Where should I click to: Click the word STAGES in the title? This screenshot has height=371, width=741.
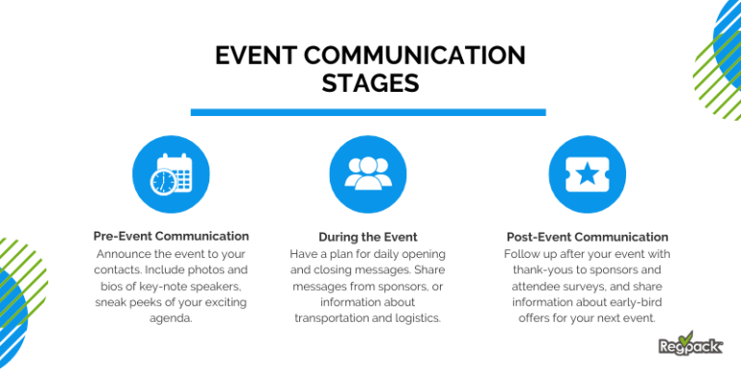370,83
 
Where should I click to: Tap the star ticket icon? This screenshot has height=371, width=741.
586,175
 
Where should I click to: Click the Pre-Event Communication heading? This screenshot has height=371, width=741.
171,236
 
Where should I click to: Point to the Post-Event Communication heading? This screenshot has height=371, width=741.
587,237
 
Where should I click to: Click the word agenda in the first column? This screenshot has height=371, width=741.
171,318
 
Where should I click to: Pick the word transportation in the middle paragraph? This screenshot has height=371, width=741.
337,318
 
